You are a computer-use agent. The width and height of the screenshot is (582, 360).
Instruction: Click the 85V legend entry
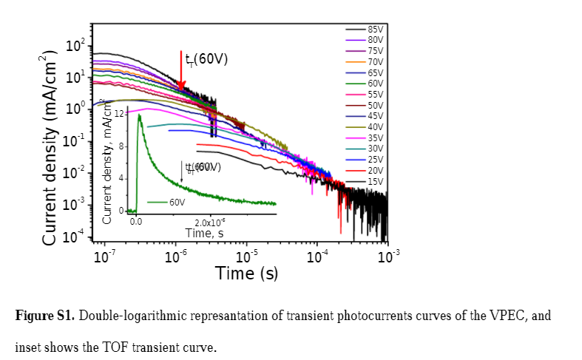[x=375, y=29]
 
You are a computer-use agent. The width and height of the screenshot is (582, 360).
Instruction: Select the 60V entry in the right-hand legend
[x=375, y=84]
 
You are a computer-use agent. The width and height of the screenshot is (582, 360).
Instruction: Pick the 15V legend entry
[x=375, y=181]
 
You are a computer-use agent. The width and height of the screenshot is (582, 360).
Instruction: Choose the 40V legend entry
[x=375, y=126]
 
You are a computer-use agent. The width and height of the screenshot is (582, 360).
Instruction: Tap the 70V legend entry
[x=375, y=61]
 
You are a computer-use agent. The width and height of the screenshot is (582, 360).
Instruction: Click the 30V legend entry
[x=375, y=149]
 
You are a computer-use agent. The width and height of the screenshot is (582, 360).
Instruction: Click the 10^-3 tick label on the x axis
[x=388, y=257]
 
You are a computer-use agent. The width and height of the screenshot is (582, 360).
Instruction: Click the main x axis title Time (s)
[x=246, y=274]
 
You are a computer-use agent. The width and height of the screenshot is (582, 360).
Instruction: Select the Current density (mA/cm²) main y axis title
[x=49, y=149]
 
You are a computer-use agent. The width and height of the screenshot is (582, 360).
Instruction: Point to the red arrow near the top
[x=180, y=71]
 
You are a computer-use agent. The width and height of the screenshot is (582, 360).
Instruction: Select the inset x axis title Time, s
[x=204, y=233]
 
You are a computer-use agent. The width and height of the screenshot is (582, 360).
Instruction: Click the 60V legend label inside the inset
[x=177, y=201]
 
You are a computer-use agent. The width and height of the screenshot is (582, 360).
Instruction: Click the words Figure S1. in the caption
[x=44, y=316]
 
